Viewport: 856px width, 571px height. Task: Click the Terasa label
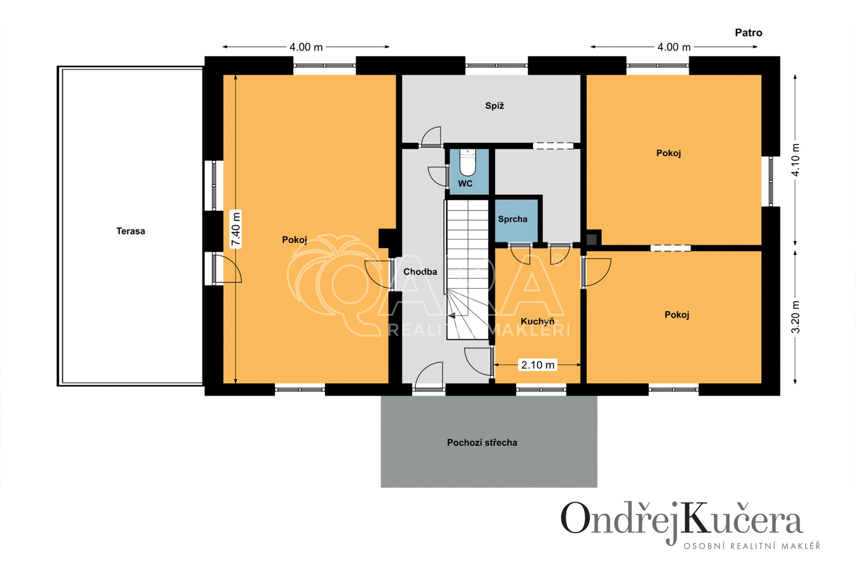(x=131, y=231)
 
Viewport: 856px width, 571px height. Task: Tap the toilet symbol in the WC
(x=467, y=162)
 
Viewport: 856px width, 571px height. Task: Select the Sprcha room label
(x=513, y=219)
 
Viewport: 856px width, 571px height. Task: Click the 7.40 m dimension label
(x=236, y=230)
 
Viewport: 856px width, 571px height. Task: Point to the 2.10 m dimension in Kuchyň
(x=538, y=365)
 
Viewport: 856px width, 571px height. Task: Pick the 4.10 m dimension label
(x=795, y=160)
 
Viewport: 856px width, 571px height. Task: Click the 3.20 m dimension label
(x=795, y=317)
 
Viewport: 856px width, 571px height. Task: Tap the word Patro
(x=748, y=33)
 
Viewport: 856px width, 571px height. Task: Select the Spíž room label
(x=494, y=105)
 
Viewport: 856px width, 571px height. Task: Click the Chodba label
(x=420, y=272)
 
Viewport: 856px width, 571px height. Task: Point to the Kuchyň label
(x=537, y=321)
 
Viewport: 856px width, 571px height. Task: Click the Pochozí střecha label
(x=482, y=443)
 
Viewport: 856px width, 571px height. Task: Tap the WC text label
(x=465, y=184)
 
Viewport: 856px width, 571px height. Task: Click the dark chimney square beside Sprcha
(x=592, y=240)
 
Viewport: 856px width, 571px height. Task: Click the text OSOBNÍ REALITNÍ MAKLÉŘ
(x=752, y=546)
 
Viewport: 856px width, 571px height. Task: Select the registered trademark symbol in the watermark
(x=559, y=260)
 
